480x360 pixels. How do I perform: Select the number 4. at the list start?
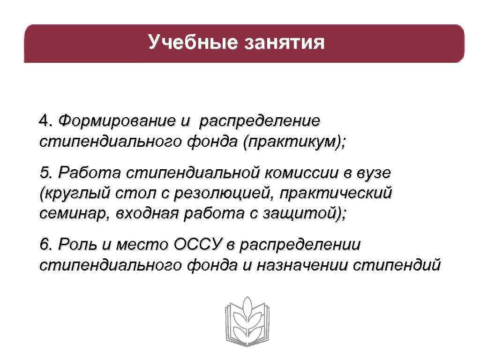(x=45, y=120)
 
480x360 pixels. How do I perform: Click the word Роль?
(x=75, y=245)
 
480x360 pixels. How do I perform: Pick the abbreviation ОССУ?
(x=197, y=244)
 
